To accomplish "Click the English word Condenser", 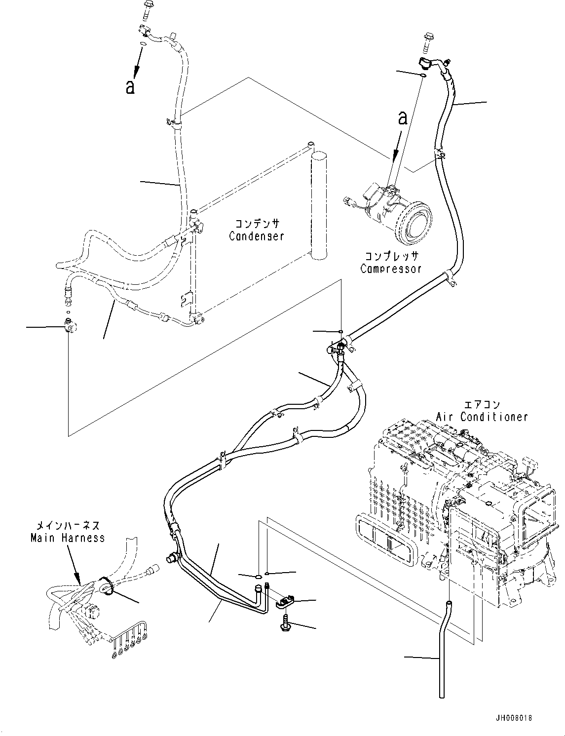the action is click(x=256, y=236).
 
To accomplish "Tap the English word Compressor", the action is click(x=391, y=269).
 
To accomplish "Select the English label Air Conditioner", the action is click(x=482, y=417).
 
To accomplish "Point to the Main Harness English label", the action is click(x=68, y=538).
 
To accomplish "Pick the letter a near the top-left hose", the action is click(x=130, y=87).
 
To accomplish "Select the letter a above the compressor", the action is click(x=403, y=118).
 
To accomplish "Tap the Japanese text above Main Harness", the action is click(x=68, y=525).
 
